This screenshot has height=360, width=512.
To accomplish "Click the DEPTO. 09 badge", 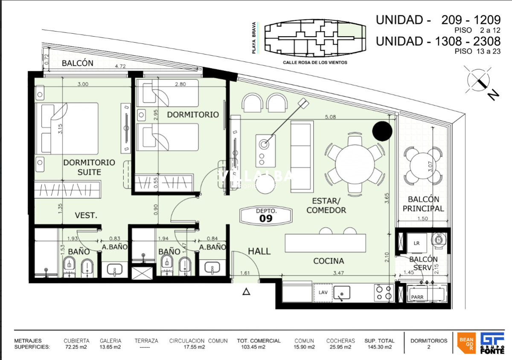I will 266,215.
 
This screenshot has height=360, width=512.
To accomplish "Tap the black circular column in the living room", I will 382,131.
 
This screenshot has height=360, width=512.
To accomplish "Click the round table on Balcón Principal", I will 422,165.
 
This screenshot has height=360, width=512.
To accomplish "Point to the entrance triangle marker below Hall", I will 246,292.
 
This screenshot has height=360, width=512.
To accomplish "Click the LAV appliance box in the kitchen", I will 323,292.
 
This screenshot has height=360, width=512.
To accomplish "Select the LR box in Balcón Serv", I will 417,243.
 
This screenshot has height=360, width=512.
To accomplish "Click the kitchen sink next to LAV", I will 341,293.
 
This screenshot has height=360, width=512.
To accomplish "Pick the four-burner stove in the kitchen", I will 384,292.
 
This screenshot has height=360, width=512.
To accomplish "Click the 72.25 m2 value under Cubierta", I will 76,347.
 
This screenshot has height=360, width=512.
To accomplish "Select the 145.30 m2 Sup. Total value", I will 379,347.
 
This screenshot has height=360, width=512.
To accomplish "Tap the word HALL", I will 259,251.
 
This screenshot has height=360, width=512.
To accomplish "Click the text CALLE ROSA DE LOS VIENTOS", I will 315,62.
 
